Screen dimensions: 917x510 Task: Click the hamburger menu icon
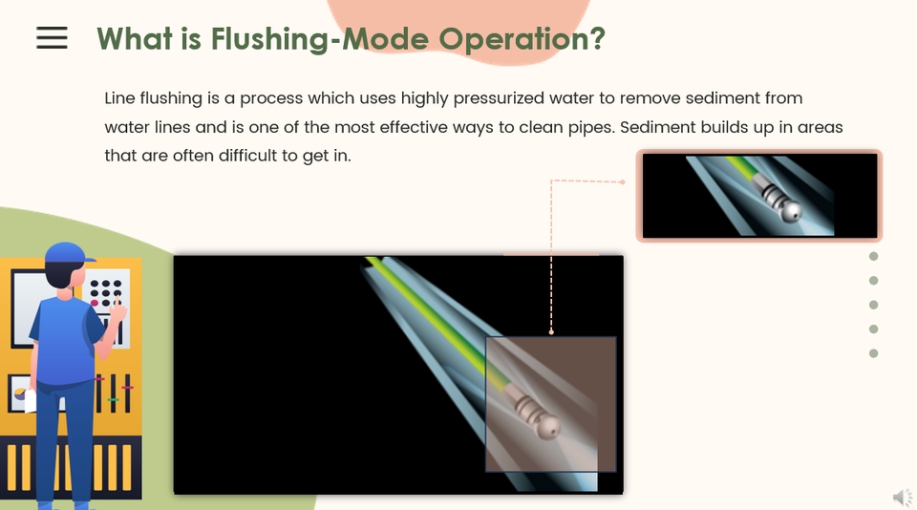[52, 37]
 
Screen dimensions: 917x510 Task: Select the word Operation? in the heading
[522, 40]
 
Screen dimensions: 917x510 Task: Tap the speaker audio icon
[904, 498]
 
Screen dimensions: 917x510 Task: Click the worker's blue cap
[69, 254]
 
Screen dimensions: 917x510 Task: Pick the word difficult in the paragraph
[247, 156]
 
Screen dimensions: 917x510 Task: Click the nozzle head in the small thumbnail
[789, 211]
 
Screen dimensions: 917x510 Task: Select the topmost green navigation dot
[874, 256]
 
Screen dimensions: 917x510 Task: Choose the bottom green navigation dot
[874, 353]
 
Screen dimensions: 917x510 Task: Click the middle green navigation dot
[874, 305]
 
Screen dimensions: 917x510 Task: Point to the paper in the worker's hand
[30, 401]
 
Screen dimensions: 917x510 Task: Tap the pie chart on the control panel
[20, 394]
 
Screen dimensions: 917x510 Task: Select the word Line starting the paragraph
[119, 98]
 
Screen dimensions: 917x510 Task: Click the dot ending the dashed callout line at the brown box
[551, 331]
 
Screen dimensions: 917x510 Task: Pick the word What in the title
[135, 39]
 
